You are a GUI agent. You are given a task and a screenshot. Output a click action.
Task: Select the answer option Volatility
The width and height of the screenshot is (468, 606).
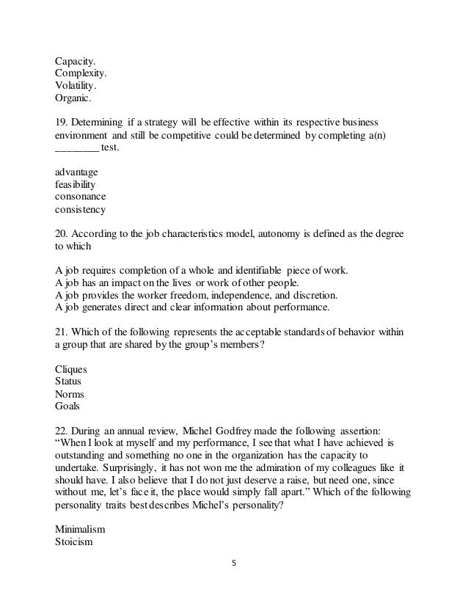tap(76, 85)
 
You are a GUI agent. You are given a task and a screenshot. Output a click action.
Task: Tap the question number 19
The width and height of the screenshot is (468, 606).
tap(62, 122)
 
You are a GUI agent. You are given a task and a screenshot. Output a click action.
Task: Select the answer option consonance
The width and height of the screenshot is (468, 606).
tap(80, 197)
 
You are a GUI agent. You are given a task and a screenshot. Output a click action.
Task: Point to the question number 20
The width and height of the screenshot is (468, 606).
tap(62, 234)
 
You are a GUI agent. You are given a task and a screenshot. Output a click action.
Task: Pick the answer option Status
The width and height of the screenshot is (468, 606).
tap(68, 382)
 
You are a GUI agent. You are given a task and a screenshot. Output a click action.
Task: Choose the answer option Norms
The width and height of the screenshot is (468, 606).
tap(70, 395)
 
